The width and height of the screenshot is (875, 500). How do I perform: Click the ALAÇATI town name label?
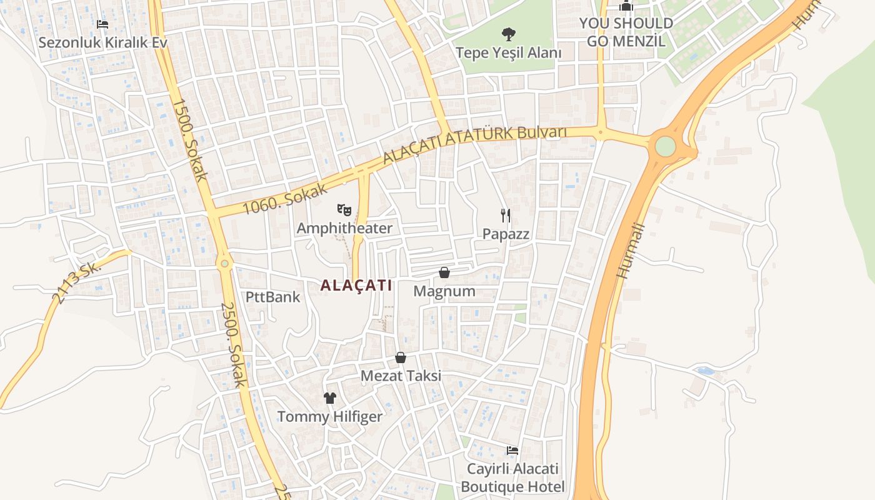pyautogui.click(x=356, y=286)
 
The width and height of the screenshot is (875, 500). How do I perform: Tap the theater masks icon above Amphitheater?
pyautogui.click(x=344, y=209)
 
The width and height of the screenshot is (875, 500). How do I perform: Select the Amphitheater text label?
pyautogui.click(x=344, y=228)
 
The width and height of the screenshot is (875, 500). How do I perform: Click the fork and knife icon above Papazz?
pyautogui.click(x=506, y=216)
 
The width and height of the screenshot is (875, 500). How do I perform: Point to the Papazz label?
pyautogui.click(x=506, y=234)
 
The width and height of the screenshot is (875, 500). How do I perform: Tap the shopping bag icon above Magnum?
pyautogui.click(x=444, y=272)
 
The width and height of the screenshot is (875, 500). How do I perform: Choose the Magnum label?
pyautogui.click(x=444, y=291)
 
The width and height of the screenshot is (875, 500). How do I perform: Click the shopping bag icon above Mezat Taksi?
pyautogui.click(x=401, y=357)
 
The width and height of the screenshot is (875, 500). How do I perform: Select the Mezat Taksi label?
pyautogui.click(x=401, y=376)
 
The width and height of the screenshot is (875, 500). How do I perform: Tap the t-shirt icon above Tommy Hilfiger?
pyautogui.click(x=330, y=398)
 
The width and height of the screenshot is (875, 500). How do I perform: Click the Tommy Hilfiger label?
pyautogui.click(x=330, y=416)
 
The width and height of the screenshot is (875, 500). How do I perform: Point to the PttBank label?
pyautogui.click(x=272, y=297)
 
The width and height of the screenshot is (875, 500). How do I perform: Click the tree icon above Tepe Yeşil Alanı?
pyautogui.click(x=508, y=34)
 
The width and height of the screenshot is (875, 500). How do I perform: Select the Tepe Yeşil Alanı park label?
pyautogui.click(x=508, y=52)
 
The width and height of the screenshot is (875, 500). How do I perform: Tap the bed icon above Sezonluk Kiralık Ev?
pyautogui.click(x=102, y=24)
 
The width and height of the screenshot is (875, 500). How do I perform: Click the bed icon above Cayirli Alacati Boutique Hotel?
pyautogui.click(x=512, y=450)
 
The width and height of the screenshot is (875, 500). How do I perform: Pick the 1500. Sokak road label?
pyautogui.click(x=189, y=139)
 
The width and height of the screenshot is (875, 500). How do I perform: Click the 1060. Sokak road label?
pyautogui.click(x=285, y=199)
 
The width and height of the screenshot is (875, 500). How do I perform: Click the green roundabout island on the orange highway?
pyautogui.click(x=665, y=146)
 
